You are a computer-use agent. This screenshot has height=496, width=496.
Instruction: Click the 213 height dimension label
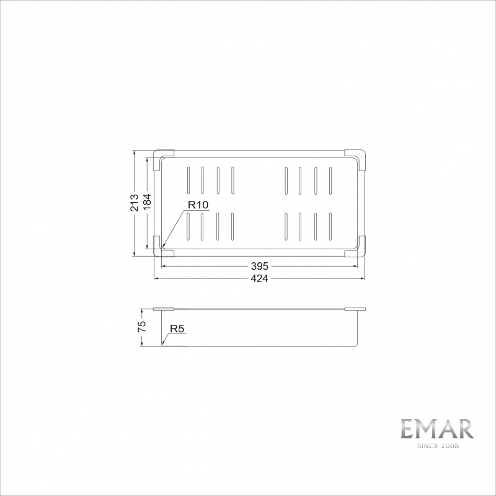[x=135, y=203]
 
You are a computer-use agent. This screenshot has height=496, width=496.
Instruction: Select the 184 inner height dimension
[x=147, y=203]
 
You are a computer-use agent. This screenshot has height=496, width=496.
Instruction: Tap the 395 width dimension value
[x=260, y=267]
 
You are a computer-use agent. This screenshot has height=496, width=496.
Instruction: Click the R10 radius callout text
[x=198, y=205]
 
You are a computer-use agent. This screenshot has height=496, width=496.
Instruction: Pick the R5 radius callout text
[x=177, y=329]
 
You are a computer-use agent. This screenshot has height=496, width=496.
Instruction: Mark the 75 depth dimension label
[x=141, y=327]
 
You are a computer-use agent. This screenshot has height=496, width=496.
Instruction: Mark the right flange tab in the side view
[x=355, y=308]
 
